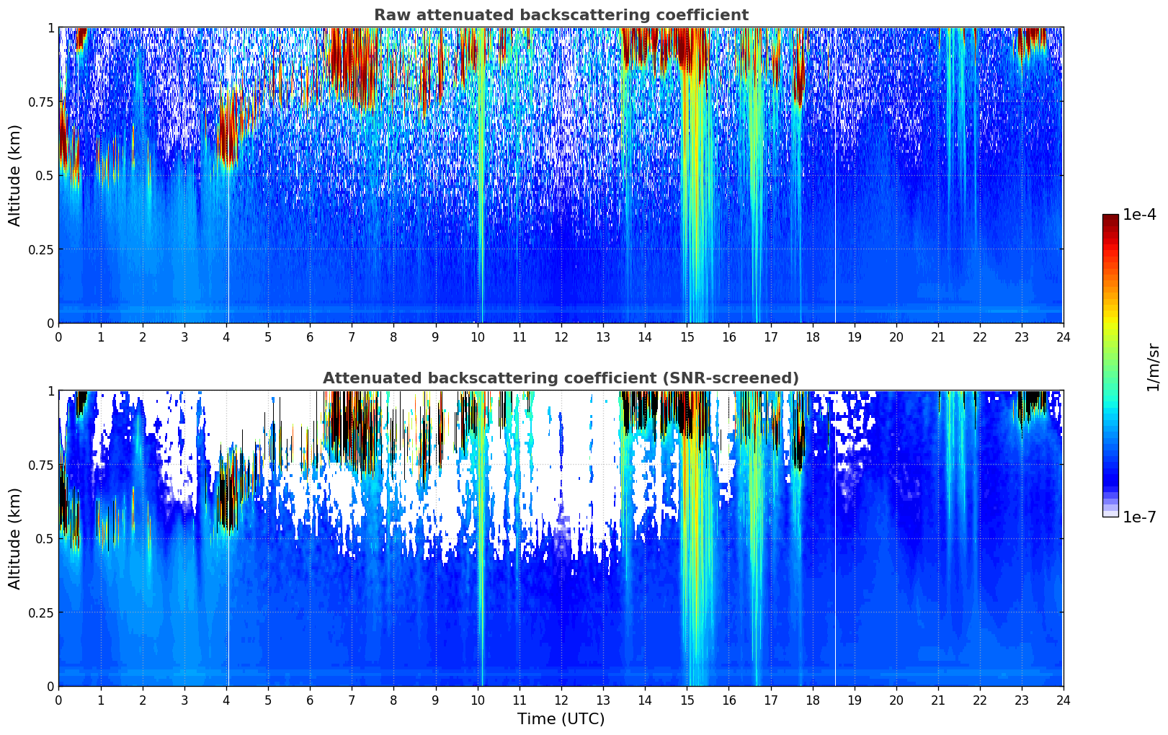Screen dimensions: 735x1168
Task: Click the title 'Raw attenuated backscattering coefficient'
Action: (561, 15)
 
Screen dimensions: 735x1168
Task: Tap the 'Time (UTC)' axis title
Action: (561, 719)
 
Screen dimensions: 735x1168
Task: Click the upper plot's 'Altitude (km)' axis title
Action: (15, 175)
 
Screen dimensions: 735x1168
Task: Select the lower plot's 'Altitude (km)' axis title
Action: (15, 538)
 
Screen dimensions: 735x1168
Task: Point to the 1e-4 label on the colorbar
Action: (1139, 215)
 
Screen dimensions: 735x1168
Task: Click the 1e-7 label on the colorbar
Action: (1139, 517)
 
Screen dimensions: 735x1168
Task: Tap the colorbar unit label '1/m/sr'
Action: (1153, 367)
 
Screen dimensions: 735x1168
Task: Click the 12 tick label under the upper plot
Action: (561, 337)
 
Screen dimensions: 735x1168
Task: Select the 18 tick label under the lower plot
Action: (813, 700)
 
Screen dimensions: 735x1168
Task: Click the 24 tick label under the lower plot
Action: (1064, 700)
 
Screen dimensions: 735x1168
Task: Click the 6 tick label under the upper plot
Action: (310, 337)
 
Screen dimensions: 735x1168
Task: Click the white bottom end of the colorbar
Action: (1110, 514)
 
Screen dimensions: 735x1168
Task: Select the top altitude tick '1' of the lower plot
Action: (50, 391)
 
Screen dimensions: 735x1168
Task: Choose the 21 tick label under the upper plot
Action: (938, 337)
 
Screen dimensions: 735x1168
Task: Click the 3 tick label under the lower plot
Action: (184, 700)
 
